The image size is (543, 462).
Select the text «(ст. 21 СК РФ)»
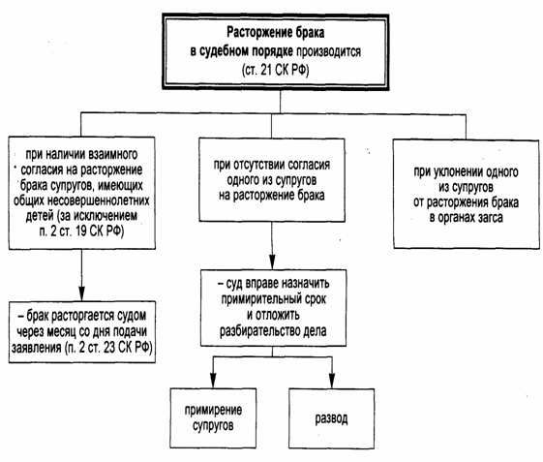tap(275, 70)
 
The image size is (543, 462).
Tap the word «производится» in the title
tap(329, 51)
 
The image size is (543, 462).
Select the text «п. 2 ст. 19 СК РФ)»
tap(81, 231)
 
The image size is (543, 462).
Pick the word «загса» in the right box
tap(491, 218)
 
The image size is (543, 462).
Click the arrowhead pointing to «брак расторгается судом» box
tap(81, 293)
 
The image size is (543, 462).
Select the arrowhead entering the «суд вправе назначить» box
tap(272, 262)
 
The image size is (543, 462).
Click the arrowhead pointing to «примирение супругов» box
tap(213, 381)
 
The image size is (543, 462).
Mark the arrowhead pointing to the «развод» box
tap(332, 381)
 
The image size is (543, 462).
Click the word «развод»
tap(331, 418)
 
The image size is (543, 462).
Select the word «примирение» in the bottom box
tap(213, 410)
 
